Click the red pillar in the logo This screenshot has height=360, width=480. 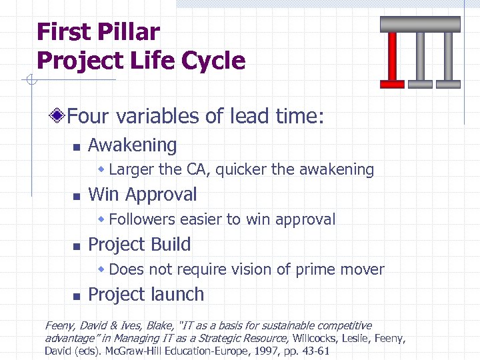(x=392, y=60)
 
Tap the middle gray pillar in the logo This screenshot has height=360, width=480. (x=419, y=60)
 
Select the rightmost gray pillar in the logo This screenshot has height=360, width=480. (x=447, y=60)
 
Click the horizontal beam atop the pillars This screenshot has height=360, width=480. (x=420, y=24)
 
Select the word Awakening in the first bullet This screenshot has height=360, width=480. (x=132, y=145)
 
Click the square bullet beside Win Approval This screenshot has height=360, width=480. (x=76, y=196)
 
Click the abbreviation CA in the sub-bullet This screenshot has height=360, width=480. (x=197, y=169)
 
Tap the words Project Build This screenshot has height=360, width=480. (x=139, y=245)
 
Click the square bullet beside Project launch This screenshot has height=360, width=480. (x=76, y=295)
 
